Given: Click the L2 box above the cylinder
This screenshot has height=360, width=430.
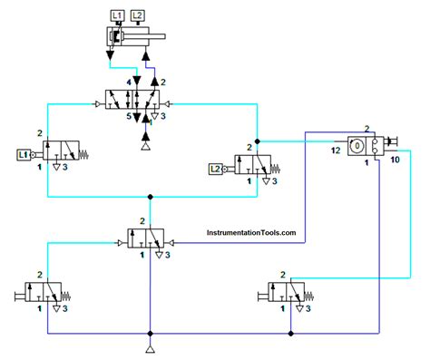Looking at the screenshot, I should click(137, 15).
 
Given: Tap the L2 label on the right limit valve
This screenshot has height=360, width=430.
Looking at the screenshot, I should click(215, 169).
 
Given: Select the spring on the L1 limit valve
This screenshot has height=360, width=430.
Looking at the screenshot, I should click(86, 155).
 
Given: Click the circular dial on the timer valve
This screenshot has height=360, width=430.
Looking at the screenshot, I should click(357, 145).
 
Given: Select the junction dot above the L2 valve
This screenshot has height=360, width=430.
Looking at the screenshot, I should click(258, 141).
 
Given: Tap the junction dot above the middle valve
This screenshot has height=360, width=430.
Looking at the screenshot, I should click(150, 195).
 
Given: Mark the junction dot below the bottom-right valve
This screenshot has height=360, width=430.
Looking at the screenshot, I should click(290, 334).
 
